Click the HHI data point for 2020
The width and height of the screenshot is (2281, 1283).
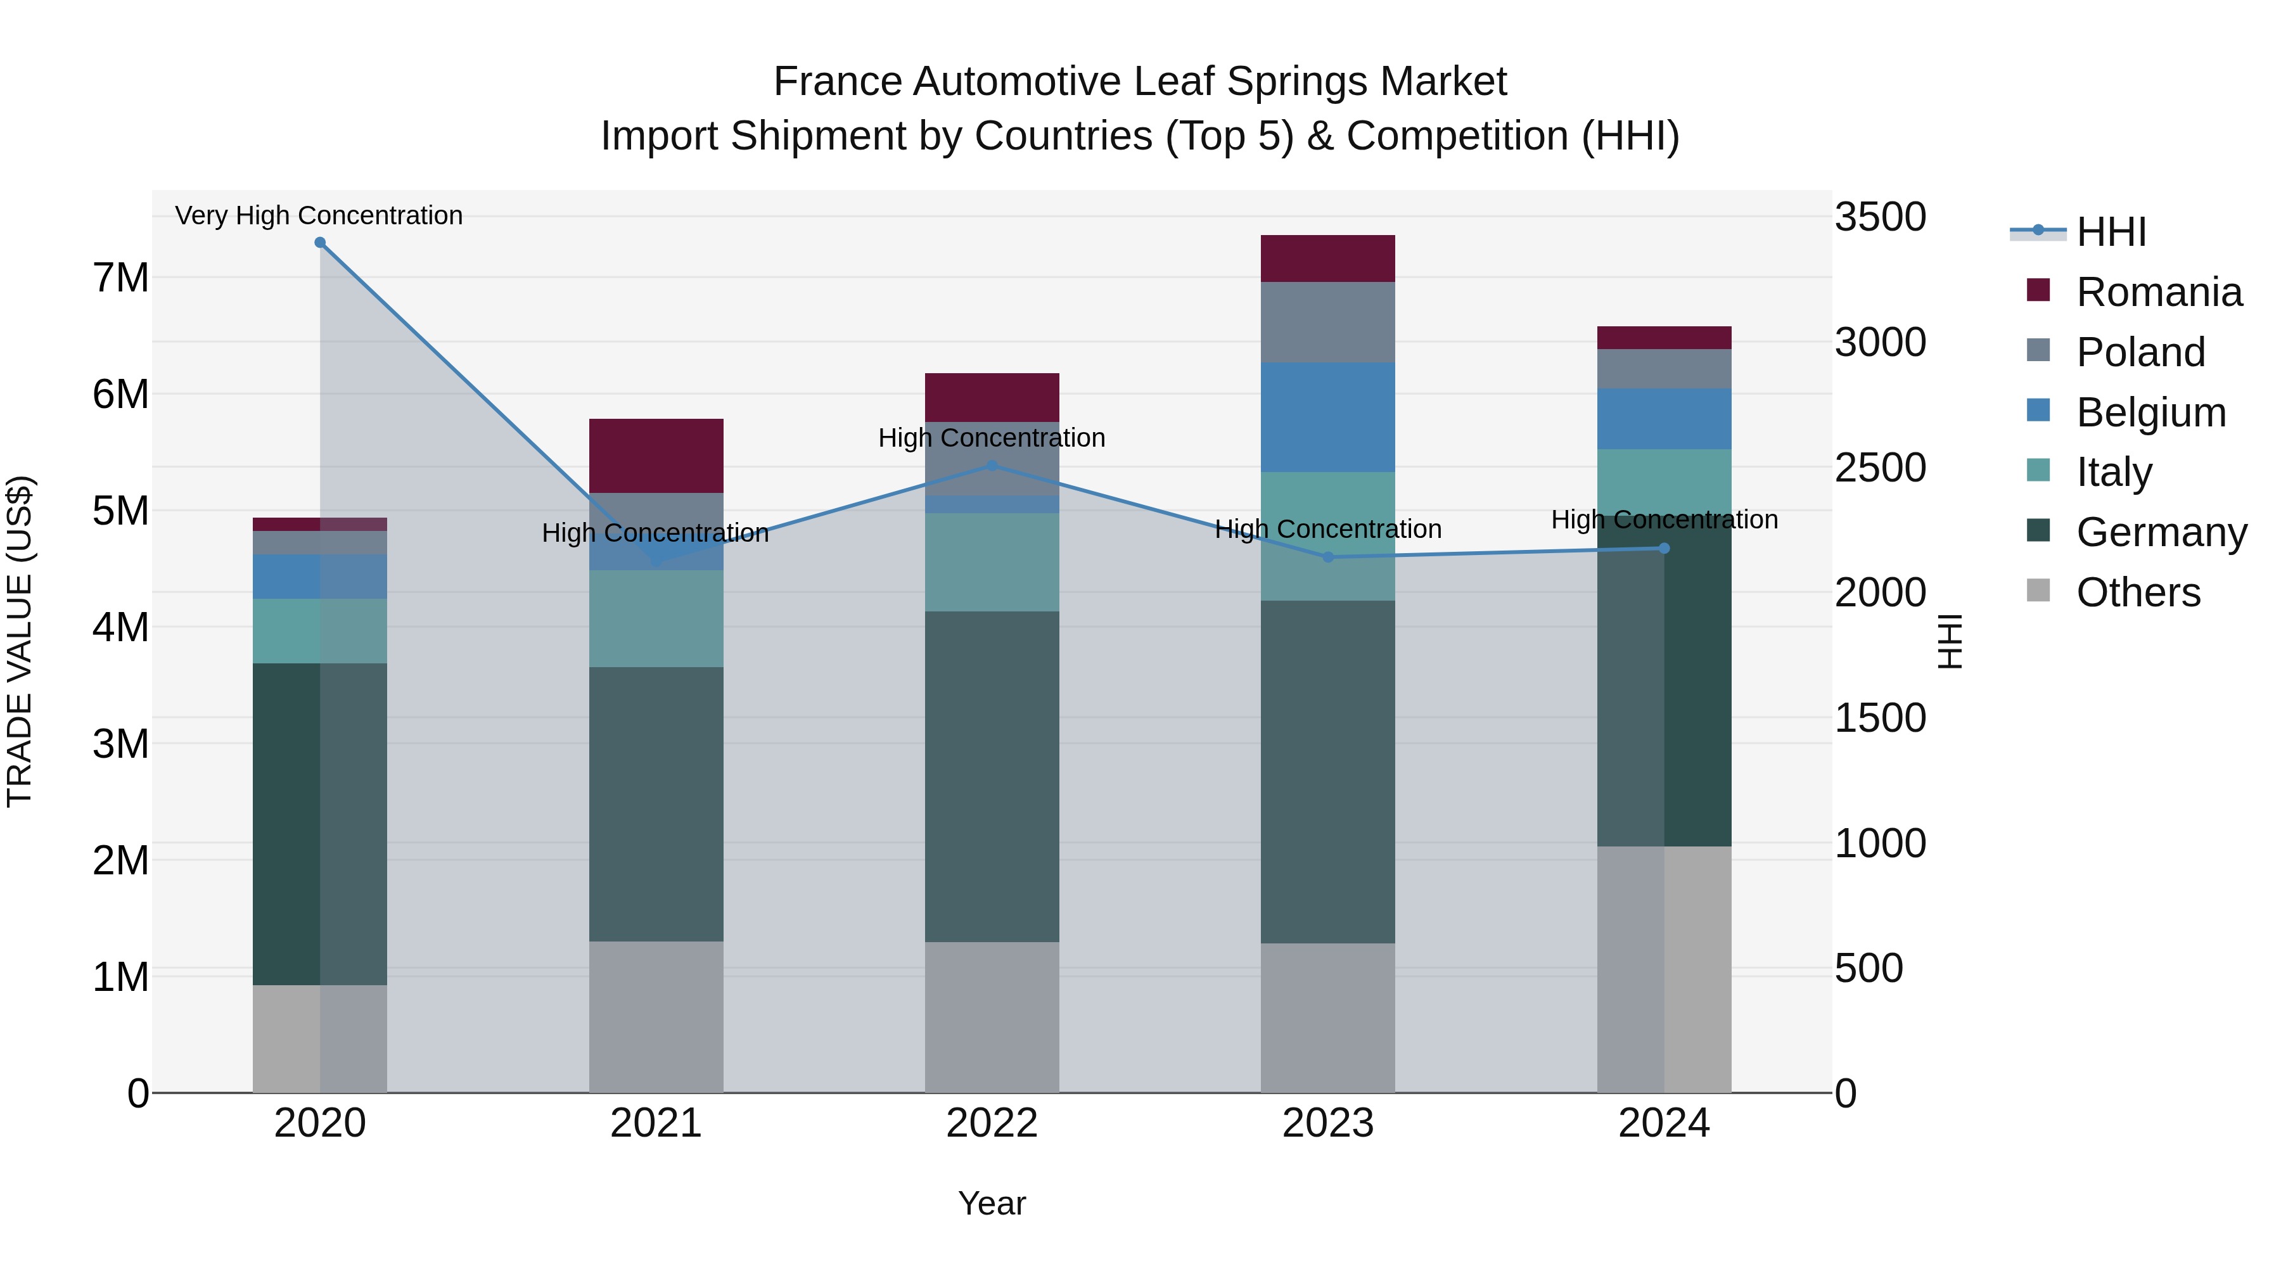320,243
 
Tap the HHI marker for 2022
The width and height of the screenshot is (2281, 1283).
992,466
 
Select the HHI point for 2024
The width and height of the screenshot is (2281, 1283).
1664,548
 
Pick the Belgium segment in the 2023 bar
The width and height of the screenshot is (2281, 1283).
1327,417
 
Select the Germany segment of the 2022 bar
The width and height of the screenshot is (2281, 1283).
992,777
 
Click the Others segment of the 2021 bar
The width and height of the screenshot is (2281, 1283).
656,1016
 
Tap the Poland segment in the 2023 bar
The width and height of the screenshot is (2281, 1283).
1327,322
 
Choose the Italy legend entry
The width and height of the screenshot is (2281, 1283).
2114,472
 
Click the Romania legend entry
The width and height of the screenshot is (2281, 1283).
2158,292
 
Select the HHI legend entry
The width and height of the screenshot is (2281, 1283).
2110,232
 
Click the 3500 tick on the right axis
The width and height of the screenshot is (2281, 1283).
1880,217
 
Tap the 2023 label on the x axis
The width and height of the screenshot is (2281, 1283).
1327,1123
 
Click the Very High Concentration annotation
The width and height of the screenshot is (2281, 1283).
319,215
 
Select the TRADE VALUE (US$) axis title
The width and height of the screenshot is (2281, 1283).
20,641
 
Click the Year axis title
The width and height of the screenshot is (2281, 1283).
992,1203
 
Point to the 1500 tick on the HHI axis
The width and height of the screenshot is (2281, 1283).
1880,717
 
